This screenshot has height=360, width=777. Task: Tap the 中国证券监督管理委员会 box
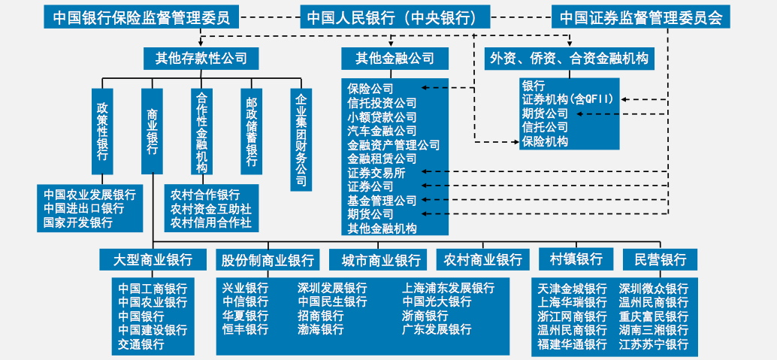point(640,17)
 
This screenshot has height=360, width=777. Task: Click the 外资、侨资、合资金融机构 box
point(568,57)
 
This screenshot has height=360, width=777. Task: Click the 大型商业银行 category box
point(153,259)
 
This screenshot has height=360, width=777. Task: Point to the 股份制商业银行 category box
point(268,259)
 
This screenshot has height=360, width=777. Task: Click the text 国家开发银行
point(78,222)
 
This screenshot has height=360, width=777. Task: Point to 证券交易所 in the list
point(376,173)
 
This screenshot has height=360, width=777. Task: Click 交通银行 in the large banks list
point(141,344)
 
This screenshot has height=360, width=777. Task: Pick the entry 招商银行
point(321,316)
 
